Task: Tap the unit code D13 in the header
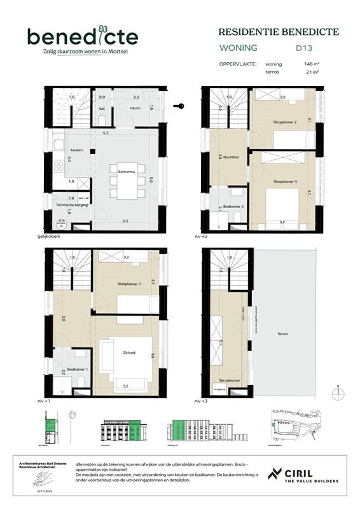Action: pyautogui.click(x=303, y=47)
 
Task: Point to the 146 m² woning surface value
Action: pyautogui.click(x=312, y=64)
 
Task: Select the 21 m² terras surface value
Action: pyautogui.click(x=312, y=73)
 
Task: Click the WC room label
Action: pyautogui.click(x=101, y=109)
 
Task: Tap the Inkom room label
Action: pyautogui.click(x=135, y=108)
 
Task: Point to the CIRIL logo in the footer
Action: pyautogui.click(x=303, y=475)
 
